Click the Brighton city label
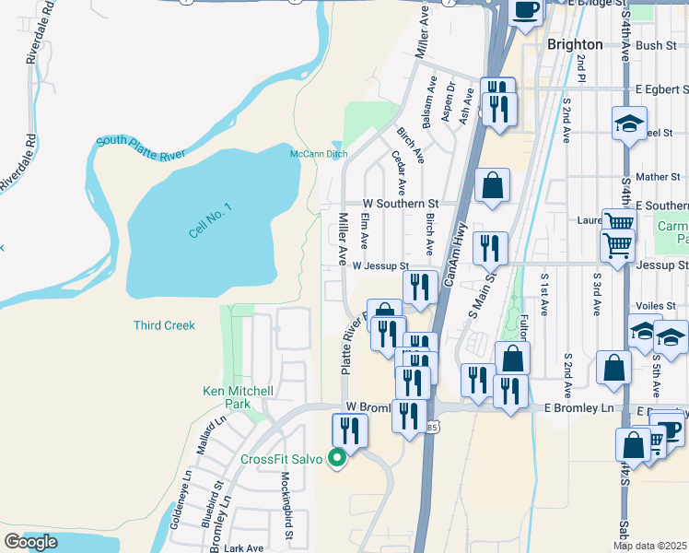tap(574, 44)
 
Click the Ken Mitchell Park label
tap(239, 397)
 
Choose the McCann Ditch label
tap(319, 154)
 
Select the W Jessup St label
tap(380, 266)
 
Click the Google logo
tap(30, 543)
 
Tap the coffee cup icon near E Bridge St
tap(526, 12)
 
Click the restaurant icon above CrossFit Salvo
tap(350, 430)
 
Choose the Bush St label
tap(655, 44)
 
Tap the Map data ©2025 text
tap(650, 546)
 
